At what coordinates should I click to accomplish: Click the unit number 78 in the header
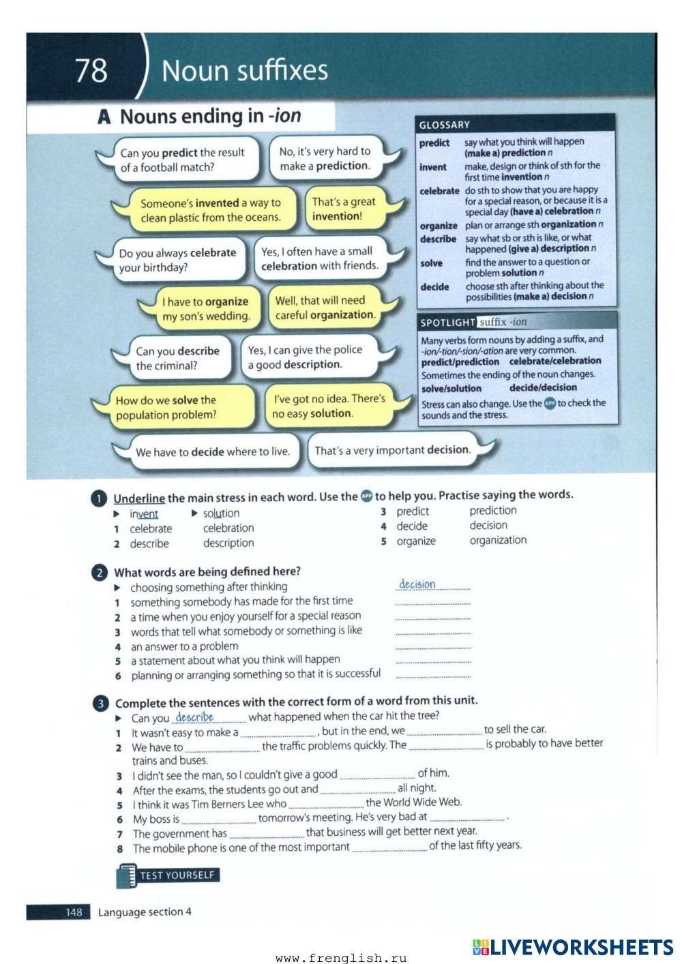click(91, 70)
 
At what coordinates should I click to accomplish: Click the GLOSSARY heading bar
click(515, 125)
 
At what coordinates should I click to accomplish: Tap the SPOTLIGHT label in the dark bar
click(447, 322)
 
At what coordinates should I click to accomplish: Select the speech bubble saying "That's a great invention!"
click(343, 209)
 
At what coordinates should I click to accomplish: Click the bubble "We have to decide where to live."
click(212, 451)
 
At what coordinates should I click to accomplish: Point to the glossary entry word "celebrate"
click(439, 191)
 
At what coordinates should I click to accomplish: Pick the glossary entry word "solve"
click(431, 263)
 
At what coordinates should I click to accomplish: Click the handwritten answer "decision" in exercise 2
click(417, 584)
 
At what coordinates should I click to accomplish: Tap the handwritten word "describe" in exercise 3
click(194, 717)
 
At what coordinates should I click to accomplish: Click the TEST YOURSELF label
click(176, 875)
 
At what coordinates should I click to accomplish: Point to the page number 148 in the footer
click(73, 912)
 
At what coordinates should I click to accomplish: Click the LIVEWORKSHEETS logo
click(572, 947)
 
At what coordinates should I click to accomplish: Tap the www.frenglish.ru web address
click(341, 958)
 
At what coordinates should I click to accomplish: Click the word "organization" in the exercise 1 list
click(498, 540)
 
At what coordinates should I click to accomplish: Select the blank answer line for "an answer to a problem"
click(432, 646)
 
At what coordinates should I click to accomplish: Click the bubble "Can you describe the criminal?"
click(177, 358)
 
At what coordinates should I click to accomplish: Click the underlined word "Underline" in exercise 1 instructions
click(139, 498)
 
